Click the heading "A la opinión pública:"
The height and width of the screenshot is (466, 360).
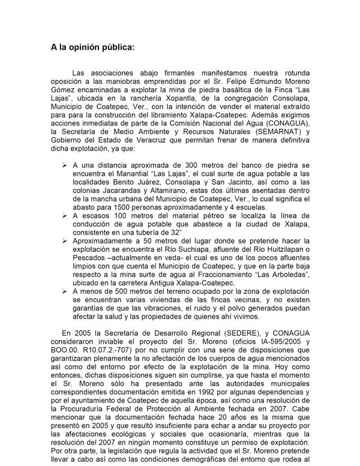point(93,46)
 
